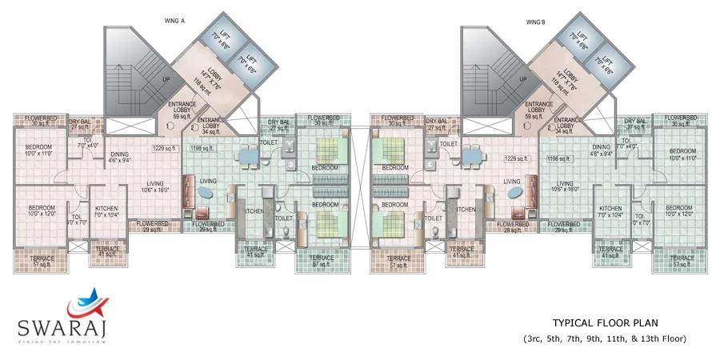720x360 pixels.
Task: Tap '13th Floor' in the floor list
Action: (x=663, y=338)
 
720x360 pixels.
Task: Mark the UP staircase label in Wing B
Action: (x=522, y=80)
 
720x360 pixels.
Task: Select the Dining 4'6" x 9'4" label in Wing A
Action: (x=118, y=156)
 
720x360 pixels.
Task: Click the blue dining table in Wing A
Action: (x=248, y=157)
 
